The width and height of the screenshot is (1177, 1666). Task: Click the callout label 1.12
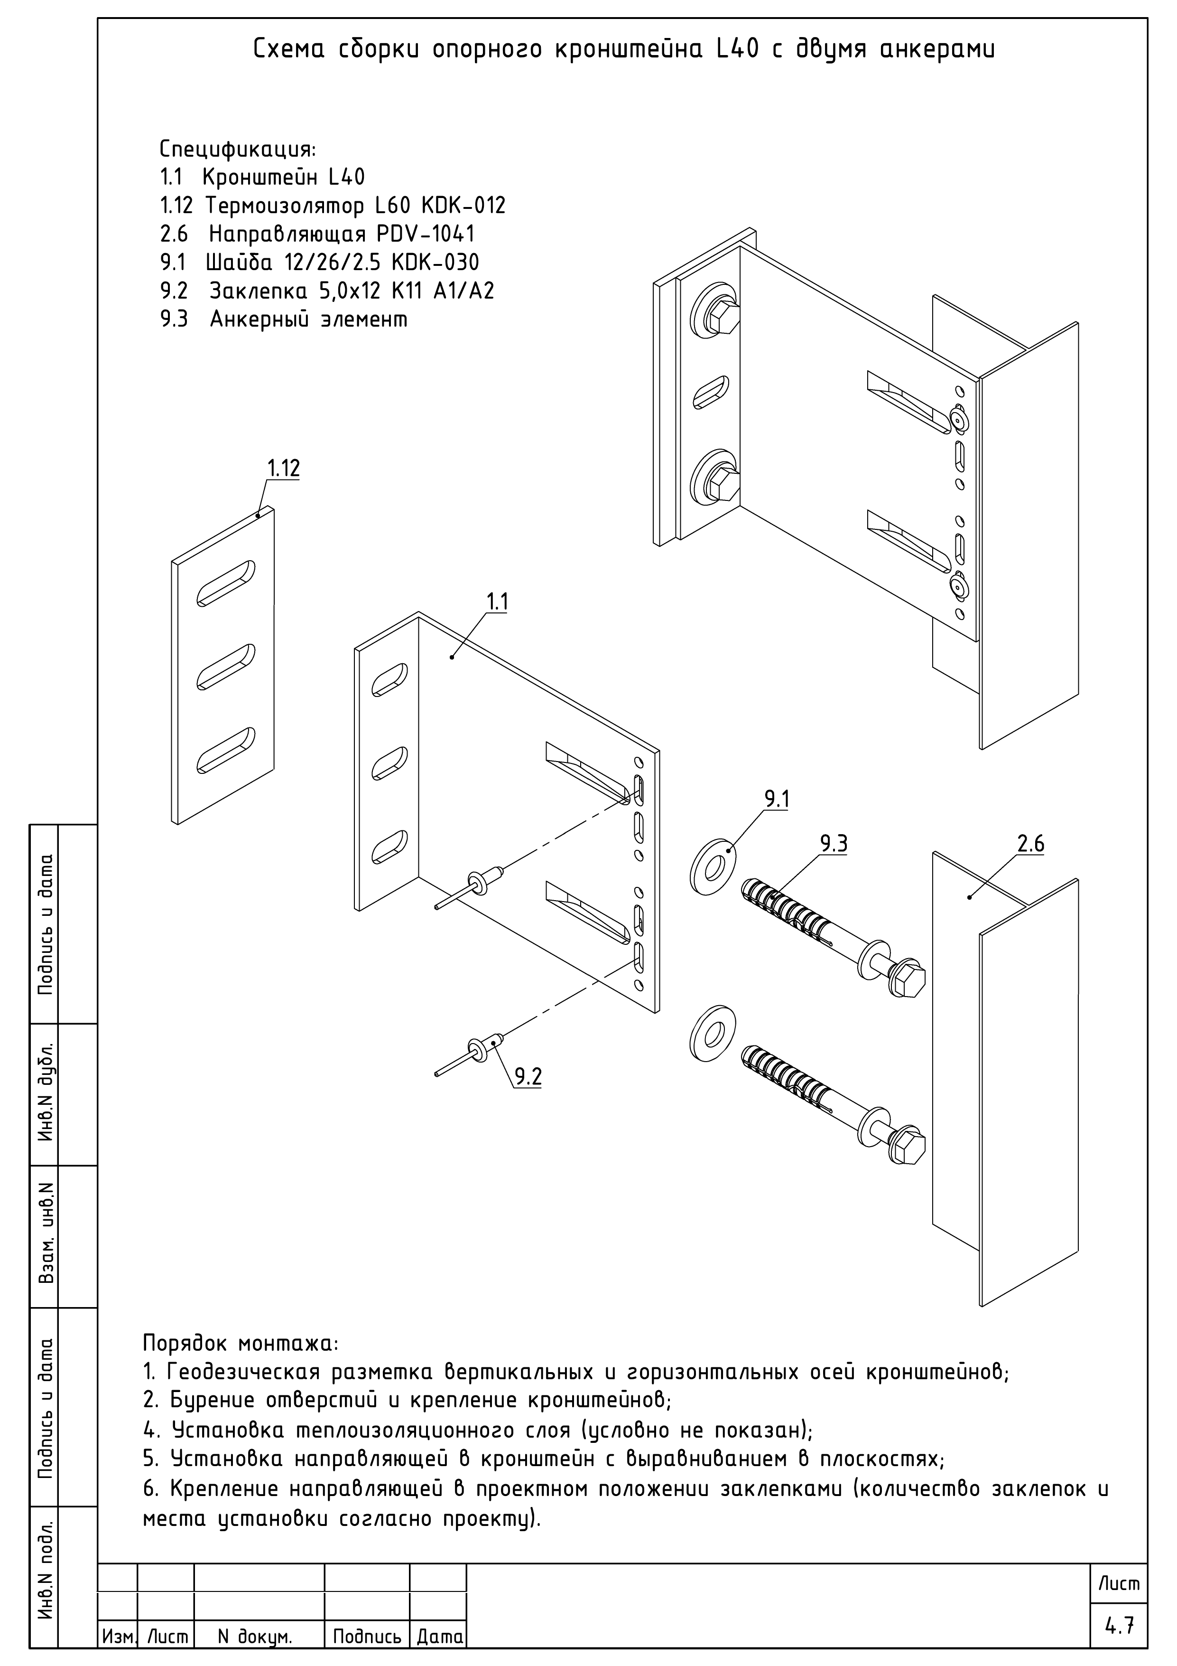coord(283,469)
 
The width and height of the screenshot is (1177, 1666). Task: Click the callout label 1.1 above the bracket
coord(497,602)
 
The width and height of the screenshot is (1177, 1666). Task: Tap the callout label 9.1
coord(777,800)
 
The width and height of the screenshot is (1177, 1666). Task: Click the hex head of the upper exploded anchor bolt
coord(910,981)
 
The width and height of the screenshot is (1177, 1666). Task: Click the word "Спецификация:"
coord(237,150)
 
